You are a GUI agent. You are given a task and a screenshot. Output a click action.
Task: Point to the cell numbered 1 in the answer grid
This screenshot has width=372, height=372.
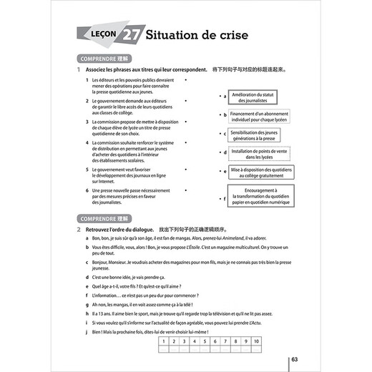coord(163,342)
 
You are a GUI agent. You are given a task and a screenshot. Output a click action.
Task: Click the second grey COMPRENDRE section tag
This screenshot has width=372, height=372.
coord(103,217)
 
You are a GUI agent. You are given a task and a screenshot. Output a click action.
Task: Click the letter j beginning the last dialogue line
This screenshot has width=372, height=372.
coord(87,333)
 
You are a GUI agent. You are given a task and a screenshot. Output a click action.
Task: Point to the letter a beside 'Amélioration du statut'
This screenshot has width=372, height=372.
coord(225,96)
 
